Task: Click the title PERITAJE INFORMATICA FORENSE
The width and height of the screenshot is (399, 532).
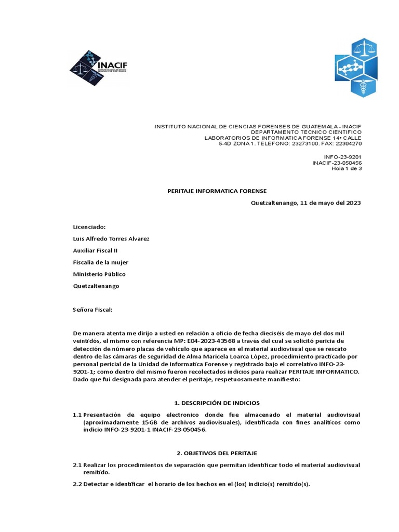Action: click(x=217, y=191)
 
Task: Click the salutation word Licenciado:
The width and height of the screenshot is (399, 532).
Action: click(x=89, y=227)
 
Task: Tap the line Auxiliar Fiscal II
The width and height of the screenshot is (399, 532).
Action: click(x=95, y=250)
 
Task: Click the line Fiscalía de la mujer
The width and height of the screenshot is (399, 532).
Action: click(x=101, y=262)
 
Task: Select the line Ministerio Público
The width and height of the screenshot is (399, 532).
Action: click(x=99, y=274)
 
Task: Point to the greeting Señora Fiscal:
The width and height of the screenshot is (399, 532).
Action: click(x=92, y=310)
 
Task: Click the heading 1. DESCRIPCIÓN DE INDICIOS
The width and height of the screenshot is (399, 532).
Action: click(x=217, y=403)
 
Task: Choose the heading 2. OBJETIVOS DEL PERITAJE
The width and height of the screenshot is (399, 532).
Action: click(x=217, y=453)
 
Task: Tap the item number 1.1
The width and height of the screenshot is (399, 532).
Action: click(x=77, y=415)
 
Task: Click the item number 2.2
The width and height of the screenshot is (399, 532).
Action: click(x=77, y=484)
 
